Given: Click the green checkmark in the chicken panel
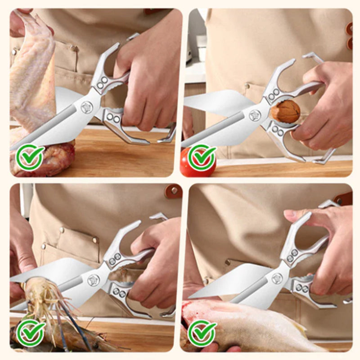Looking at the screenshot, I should tap(30, 157).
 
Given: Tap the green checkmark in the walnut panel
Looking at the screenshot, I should tap(202, 157).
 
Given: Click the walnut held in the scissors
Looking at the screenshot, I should tap(285, 111).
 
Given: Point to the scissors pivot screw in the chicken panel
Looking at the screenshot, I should tap(86, 107).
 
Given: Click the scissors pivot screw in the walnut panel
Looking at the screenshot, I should tap(255, 116).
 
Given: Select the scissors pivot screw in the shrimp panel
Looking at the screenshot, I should tap(93, 280).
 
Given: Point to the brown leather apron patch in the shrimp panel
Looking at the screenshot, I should tap(173, 191).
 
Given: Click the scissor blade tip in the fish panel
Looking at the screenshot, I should tap(191, 297).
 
